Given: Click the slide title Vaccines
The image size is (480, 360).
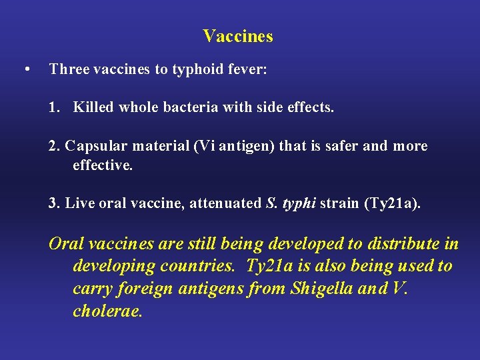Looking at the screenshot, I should click(238, 36).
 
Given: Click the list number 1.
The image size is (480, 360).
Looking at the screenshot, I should click(54, 107).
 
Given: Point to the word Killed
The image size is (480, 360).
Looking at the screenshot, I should click(93, 107).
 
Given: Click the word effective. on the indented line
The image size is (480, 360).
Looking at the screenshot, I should click(103, 165).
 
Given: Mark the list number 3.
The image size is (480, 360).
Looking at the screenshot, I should click(54, 203).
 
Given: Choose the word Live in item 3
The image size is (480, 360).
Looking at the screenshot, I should click(80, 203).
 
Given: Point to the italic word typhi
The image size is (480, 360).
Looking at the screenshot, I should click(299, 203).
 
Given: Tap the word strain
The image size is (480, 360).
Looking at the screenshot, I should click(339, 203).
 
